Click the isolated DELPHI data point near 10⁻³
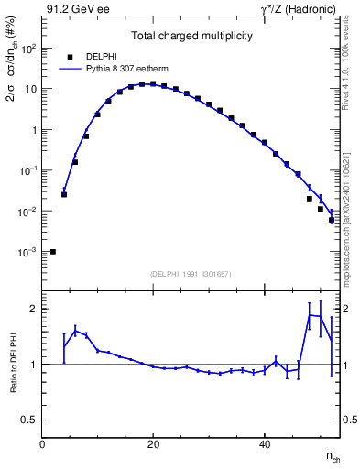click(53, 251)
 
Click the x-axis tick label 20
click(153, 444)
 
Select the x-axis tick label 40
click(264, 444)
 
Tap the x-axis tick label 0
click(43, 444)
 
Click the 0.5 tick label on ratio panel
click(27, 420)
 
